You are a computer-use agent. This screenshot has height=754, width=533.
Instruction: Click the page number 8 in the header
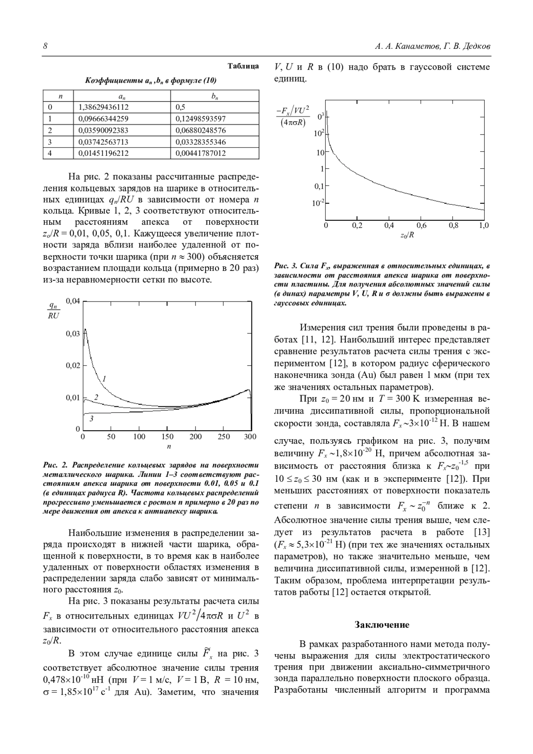click(45, 47)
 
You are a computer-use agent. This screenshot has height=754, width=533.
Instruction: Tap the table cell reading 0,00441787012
click(201, 153)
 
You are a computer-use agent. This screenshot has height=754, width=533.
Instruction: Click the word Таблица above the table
click(243, 66)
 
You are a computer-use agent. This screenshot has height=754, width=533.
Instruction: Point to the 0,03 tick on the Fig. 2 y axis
click(73, 333)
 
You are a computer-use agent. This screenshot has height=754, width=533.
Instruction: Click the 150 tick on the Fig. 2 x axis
click(167, 437)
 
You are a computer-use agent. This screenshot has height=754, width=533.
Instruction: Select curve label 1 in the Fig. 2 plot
click(104, 379)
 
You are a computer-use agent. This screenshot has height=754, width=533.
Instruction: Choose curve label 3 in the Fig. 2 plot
click(91, 418)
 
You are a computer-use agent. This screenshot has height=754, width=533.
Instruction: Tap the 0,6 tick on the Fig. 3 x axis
click(421, 226)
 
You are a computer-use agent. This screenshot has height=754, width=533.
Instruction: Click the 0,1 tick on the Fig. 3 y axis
click(318, 187)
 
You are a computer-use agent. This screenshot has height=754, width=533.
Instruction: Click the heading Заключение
click(382, 625)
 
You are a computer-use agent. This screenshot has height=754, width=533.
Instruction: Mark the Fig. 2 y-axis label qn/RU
click(53, 310)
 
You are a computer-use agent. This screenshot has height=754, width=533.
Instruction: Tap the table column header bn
click(215, 96)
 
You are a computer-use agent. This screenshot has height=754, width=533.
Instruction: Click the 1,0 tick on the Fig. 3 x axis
click(484, 226)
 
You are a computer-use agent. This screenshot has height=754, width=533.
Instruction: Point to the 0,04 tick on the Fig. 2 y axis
click(73, 302)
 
